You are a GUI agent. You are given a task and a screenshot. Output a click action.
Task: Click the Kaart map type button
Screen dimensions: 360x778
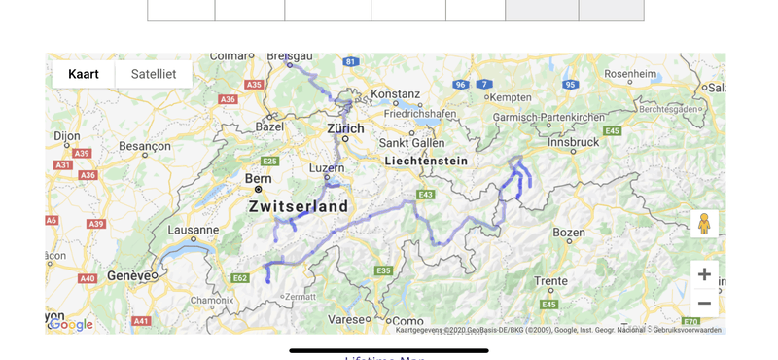point(84,74)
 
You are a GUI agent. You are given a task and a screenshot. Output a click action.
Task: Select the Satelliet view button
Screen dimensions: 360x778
point(154,74)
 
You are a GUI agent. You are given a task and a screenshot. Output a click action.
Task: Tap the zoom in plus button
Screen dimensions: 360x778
point(704,274)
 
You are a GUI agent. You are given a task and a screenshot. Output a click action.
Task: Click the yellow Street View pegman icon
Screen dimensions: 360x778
point(704,224)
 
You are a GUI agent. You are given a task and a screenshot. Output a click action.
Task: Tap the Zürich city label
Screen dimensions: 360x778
point(345,128)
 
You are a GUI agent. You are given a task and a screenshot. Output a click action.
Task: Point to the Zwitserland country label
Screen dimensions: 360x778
point(299,207)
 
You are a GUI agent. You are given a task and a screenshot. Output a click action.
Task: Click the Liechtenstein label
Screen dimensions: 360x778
point(426,161)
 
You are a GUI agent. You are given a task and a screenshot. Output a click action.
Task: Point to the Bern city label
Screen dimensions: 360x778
point(258,178)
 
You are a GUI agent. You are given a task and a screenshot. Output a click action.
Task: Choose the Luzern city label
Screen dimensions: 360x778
point(326,168)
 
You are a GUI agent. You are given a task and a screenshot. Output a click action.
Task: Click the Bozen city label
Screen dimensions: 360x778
point(569,232)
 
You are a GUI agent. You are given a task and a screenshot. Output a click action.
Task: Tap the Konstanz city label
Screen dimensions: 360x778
point(395,94)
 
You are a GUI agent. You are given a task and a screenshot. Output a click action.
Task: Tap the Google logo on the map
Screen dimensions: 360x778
point(71,325)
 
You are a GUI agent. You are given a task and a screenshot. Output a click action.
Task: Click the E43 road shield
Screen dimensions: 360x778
point(425,195)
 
